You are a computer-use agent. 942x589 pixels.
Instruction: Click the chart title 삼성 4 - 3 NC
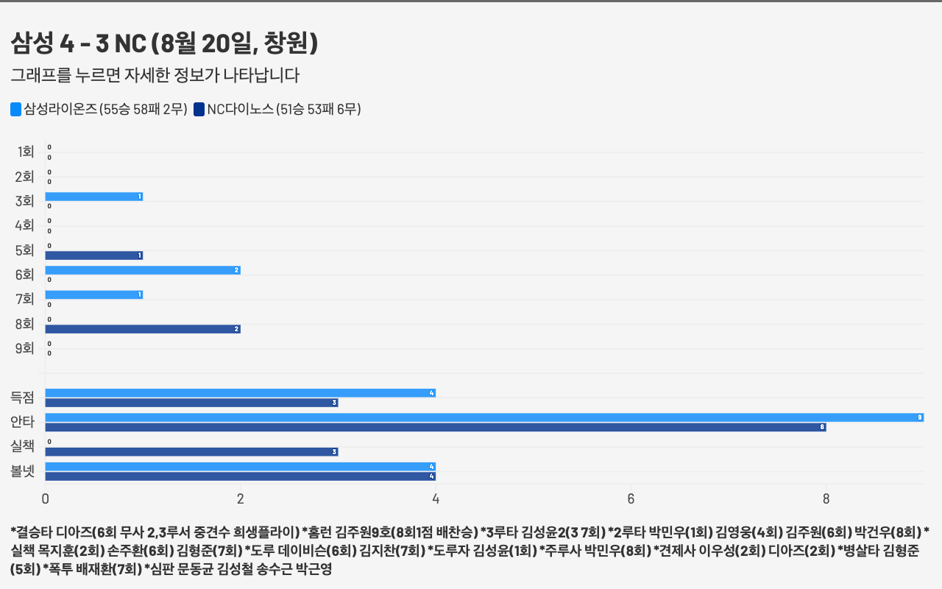pos(164,44)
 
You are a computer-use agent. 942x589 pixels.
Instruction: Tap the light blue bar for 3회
pos(93,197)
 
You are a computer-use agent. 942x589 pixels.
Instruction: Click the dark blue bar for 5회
pos(93,255)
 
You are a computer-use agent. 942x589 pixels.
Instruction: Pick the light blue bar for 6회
pos(142,270)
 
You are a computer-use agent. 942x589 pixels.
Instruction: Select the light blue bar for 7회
pos(93,294)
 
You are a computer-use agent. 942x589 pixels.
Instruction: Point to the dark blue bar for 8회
pos(142,329)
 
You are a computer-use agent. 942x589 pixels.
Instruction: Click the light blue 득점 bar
pos(240,393)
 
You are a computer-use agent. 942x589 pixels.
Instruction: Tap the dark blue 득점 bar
pos(191,403)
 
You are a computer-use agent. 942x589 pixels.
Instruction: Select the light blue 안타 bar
pos(484,417)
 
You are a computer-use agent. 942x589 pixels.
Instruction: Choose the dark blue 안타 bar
pos(435,427)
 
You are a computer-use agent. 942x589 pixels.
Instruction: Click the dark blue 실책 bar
pos(191,452)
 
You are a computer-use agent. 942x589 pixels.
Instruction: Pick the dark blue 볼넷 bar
pos(240,476)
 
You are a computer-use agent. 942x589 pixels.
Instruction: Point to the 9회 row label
pos(25,348)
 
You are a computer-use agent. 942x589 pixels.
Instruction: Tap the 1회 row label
pos(25,152)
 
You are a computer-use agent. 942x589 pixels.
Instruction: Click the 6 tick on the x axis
pos(631,499)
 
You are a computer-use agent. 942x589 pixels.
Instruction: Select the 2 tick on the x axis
pos(241,499)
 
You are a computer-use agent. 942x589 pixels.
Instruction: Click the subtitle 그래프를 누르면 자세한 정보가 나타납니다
pos(155,75)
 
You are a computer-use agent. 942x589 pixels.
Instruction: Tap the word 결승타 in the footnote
pos(31,532)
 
